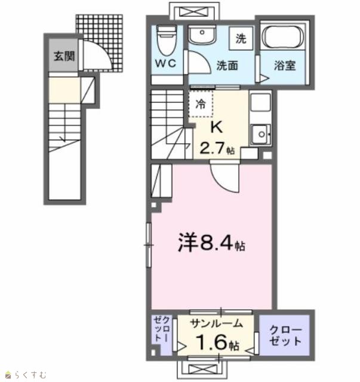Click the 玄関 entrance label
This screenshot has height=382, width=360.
(x=64, y=56)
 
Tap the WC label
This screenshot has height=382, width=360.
(x=166, y=63)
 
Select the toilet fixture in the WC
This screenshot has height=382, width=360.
(x=167, y=40)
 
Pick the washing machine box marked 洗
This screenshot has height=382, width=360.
(x=241, y=38)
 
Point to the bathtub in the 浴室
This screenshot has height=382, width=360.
(x=283, y=37)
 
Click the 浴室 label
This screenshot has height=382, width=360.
(x=285, y=66)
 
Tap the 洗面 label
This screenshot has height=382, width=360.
(x=227, y=66)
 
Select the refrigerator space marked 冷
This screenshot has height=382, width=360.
(x=201, y=104)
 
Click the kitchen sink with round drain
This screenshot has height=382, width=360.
(x=261, y=134)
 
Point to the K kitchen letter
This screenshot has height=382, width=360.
(x=217, y=127)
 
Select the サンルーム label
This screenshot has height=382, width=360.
(x=217, y=324)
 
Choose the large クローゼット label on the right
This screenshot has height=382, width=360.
(x=285, y=335)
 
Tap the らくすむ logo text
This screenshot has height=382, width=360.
(x=30, y=374)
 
